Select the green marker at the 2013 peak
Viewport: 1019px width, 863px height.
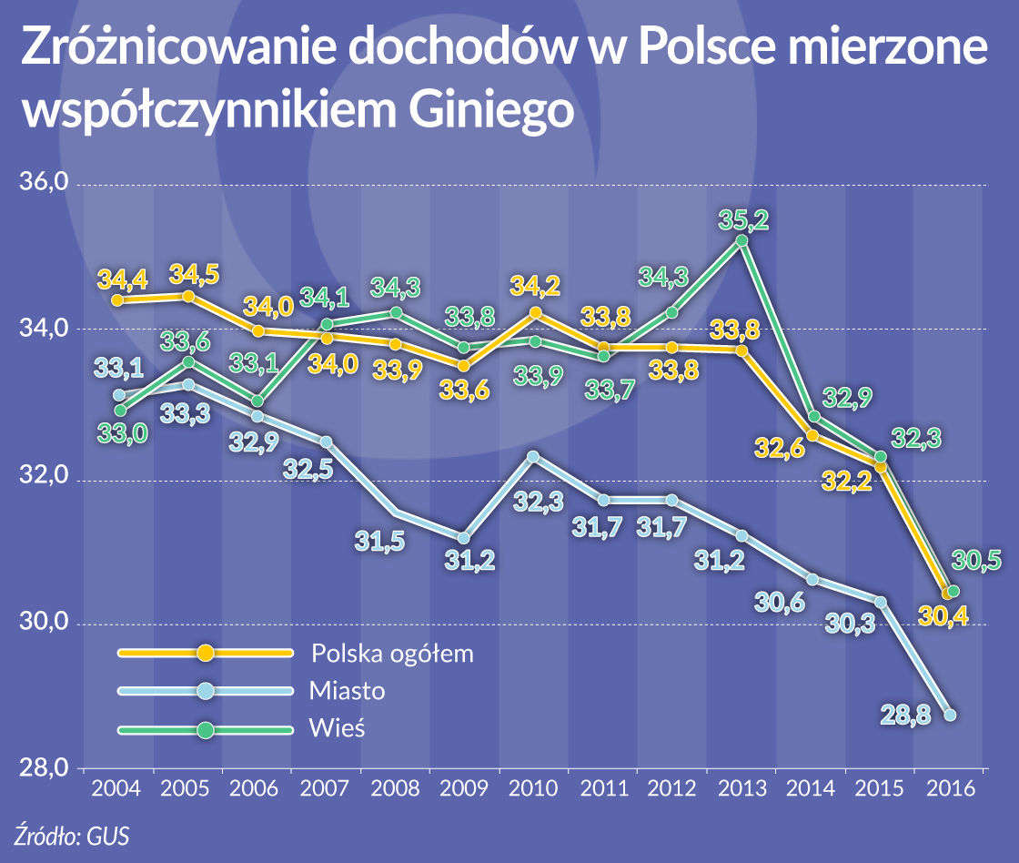[x=742, y=240]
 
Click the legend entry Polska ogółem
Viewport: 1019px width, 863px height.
[x=392, y=653]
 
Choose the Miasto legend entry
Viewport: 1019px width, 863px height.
[x=347, y=691]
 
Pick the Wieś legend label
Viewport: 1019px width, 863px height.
[x=338, y=729]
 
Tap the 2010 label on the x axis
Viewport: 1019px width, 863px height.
[x=533, y=788]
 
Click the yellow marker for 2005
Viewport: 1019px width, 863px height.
[x=188, y=296]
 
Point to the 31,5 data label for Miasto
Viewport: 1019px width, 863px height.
[x=380, y=543]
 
